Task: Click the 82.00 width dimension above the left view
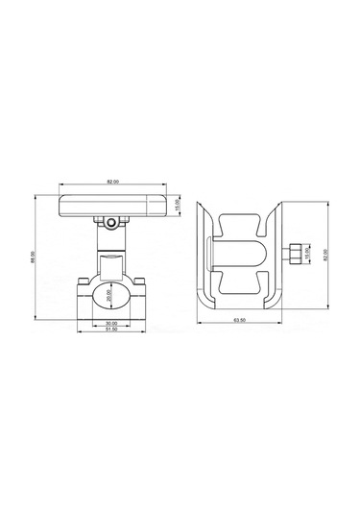pyautogui.click(x=113, y=182)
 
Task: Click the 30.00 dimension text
pyautogui.click(x=112, y=324)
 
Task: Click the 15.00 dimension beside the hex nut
pyautogui.click(x=306, y=256)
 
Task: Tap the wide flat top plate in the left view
pyautogui.click(x=113, y=205)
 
